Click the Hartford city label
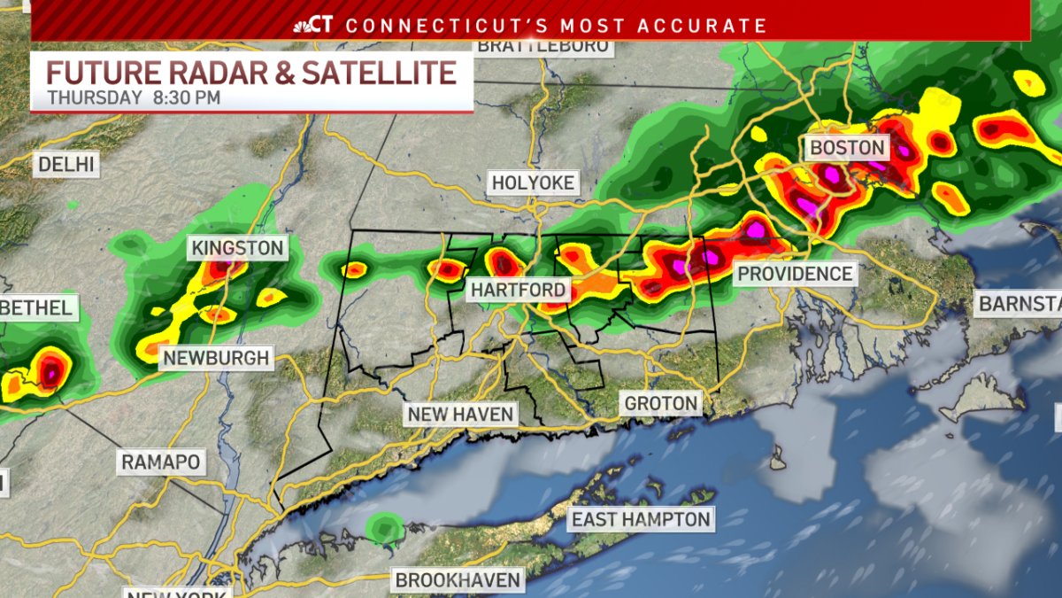tap(518, 290)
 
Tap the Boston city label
tap(847, 147)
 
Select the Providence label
tap(795, 274)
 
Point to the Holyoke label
tap(534, 183)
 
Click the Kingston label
tap(238, 248)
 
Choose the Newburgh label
tap(214, 358)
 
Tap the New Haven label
tap(460, 414)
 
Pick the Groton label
tap(661, 404)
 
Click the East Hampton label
tap(641, 519)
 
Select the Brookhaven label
tap(458, 581)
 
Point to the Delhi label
tap(65, 164)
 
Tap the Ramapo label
tap(161, 462)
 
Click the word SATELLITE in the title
tap(379, 71)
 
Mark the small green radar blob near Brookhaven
tap(385, 529)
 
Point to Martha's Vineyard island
tap(982, 394)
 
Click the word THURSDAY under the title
tap(95, 97)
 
